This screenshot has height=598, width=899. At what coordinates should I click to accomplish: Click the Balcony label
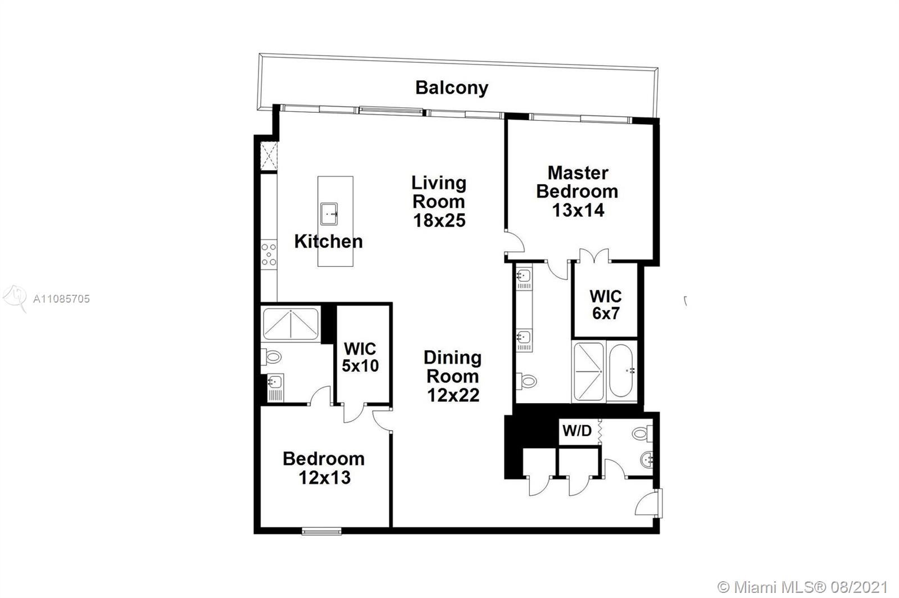(x=452, y=88)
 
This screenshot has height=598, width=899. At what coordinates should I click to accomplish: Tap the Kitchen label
(x=328, y=241)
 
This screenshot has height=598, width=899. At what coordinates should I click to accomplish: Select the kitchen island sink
(x=329, y=214)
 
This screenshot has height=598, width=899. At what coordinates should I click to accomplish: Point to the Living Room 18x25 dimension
(x=439, y=220)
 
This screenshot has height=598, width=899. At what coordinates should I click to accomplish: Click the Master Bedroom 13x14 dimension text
(x=578, y=210)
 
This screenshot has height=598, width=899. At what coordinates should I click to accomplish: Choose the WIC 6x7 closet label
(x=606, y=305)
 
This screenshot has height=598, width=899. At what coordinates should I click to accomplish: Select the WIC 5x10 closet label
(x=360, y=357)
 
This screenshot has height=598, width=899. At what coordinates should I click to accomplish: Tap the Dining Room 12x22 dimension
(x=453, y=395)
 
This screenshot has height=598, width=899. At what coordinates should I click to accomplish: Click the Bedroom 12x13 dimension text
(x=325, y=478)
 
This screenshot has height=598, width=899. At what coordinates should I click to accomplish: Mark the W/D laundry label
(x=576, y=431)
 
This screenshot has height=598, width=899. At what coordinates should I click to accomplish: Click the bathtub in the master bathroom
(x=621, y=371)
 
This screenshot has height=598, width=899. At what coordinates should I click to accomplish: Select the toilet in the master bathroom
(x=526, y=381)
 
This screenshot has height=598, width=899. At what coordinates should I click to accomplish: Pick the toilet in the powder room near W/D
(x=642, y=433)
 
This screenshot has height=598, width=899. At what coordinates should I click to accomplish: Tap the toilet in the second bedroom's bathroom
(x=271, y=357)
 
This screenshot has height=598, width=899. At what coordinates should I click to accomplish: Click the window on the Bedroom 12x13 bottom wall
(x=321, y=532)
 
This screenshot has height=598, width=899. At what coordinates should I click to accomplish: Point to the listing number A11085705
(x=61, y=299)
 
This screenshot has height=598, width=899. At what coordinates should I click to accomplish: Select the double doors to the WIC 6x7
(x=594, y=256)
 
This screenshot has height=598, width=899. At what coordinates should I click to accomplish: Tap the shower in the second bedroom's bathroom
(x=290, y=324)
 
